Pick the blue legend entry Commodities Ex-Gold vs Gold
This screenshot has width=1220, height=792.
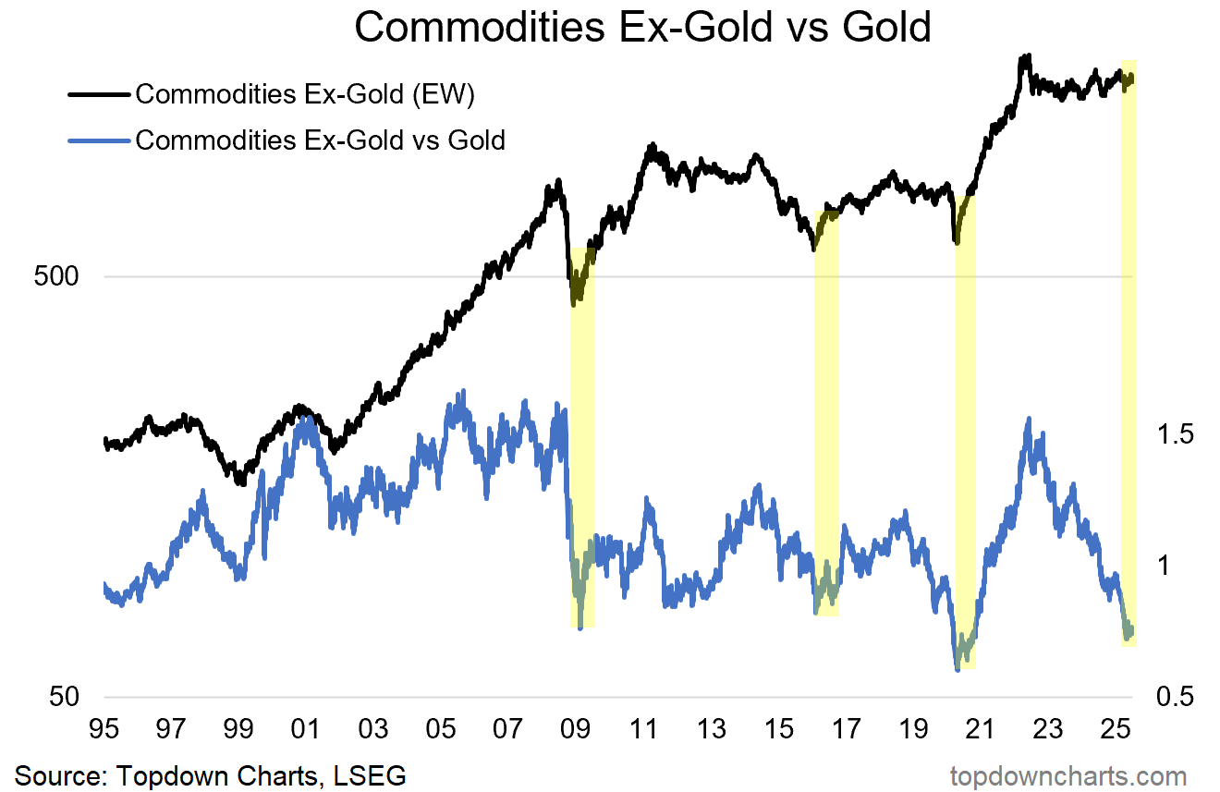coord(320,140)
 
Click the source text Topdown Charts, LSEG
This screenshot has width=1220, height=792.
coord(211,774)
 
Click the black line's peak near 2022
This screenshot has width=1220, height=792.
coord(1024,57)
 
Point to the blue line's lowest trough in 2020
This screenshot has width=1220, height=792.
coord(958,668)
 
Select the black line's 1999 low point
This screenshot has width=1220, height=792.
coord(240,481)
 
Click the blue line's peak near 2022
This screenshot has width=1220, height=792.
coord(1029,420)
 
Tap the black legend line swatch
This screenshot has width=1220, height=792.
coord(98,93)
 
